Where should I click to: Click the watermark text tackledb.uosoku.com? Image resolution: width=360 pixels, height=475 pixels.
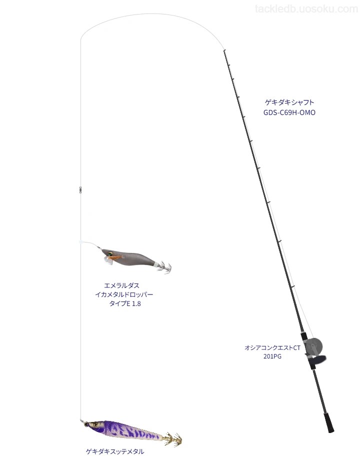click(306, 9)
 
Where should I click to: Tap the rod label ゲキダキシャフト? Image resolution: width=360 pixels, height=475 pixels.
click(289, 102)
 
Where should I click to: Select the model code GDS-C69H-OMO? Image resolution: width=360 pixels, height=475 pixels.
click(289, 112)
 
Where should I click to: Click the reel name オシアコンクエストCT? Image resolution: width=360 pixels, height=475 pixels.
click(272, 348)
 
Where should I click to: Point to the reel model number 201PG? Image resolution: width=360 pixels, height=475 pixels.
click(272, 356)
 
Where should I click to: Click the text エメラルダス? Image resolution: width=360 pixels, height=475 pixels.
click(122, 285)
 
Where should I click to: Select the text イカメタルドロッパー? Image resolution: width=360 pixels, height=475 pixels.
click(124, 294)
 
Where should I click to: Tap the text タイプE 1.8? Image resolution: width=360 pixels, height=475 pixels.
click(125, 303)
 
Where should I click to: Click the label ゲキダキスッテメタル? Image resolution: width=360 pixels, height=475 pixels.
click(115, 451)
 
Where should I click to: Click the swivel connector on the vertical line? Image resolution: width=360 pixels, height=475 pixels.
click(80, 190)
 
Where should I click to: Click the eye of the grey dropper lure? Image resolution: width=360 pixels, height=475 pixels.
click(109, 253)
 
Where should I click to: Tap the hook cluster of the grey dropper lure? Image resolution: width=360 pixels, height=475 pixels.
click(165, 267)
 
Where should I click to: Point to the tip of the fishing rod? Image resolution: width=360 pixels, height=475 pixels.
click(224, 50)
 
